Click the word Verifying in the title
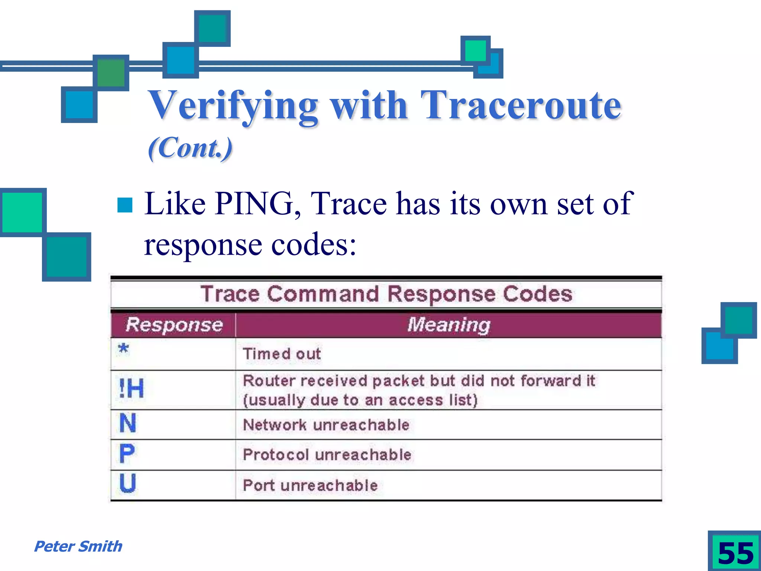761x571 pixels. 233,106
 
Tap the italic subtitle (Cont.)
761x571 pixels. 190,148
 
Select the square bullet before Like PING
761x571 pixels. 125,205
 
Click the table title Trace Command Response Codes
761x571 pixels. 386,294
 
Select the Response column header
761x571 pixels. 174,325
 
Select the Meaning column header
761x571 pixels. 448,325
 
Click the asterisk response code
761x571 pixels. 123,349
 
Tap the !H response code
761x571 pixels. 131,389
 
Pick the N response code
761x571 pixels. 128,423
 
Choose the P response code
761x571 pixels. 127,454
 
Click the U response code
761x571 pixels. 127,483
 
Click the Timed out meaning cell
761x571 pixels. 282,354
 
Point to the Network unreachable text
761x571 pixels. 326,425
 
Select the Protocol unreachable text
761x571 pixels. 327,455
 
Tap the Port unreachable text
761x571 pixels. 310,485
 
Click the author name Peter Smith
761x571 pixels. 78,546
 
